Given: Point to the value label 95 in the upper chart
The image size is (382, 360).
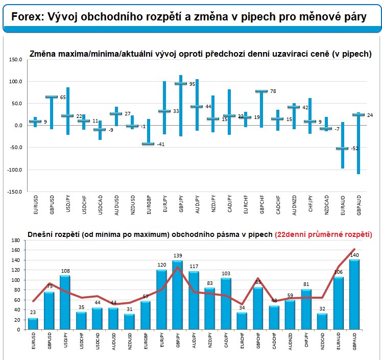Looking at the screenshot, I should [x=192, y=84].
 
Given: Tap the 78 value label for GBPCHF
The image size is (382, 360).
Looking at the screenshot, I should [x=273, y=91].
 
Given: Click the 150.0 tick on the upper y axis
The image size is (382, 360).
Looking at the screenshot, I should [x=15, y=60].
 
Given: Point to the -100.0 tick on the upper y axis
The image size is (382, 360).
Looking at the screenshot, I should [x=14, y=170].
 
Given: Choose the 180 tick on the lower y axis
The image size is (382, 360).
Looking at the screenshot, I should [x=14, y=241].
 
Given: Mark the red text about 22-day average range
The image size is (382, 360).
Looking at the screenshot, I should [x=323, y=235].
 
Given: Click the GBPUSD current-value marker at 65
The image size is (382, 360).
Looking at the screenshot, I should [x=51, y=97].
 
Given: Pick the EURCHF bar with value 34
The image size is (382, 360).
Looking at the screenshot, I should [x=242, y=321].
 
